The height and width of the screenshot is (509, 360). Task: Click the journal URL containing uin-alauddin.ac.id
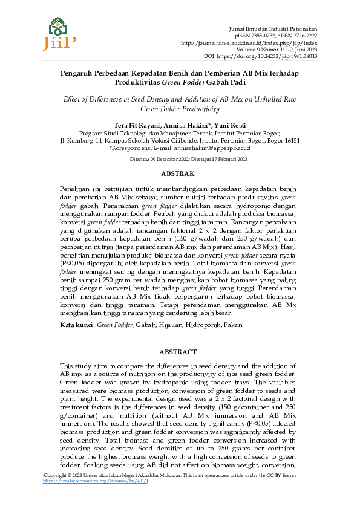pyautogui.click(x=249, y=43)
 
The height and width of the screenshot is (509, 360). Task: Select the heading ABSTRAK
pyautogui.click(x=180, y=173)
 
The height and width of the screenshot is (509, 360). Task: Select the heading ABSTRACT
pyautogui.click(x=180, y=352)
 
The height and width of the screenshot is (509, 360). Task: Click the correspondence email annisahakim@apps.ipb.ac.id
pyautogui.click(x=213, y=147)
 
